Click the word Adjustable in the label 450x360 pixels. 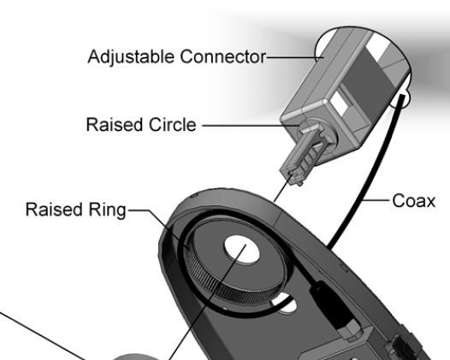coord(131,56)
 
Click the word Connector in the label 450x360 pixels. coord(223,56)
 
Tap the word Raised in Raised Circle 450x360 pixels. coord(115,125)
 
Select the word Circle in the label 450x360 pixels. coord(173,125)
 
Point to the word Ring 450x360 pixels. coord(107,210)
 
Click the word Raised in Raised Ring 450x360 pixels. coord(54,210)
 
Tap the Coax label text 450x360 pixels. coord(413,201)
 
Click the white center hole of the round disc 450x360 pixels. coord(241,250)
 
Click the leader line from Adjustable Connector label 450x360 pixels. coord(295,57)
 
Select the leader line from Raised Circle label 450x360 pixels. coord(251,126)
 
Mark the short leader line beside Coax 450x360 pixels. coord(377,199)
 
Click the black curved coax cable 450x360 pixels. coord(370,172)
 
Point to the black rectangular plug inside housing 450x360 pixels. coord(330,305)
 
